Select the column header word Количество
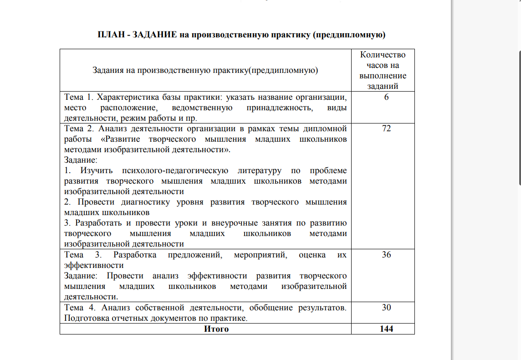point(383,55)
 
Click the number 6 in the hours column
point(386,98)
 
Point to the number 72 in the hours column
point(386,129)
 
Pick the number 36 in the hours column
point(386,255)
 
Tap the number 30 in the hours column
point(386,308)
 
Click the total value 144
point(386,329)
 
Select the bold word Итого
point(216,329)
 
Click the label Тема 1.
point(79,98)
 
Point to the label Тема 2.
point(79,129)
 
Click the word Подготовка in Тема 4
point(85,318)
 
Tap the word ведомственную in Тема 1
point(203,108)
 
